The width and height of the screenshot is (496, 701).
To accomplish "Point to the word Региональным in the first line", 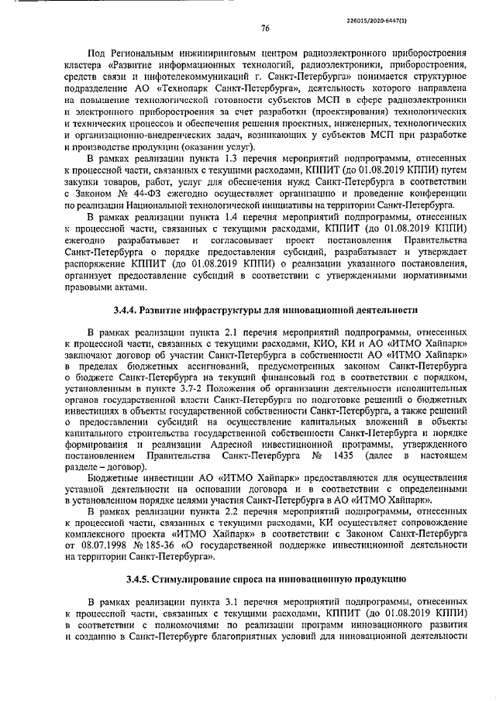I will pyautogui.click(x=161, y=51).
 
